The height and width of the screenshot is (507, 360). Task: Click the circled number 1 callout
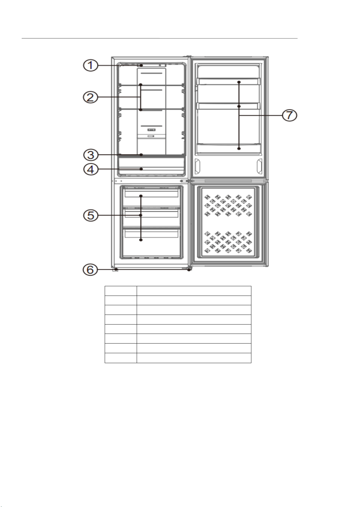pyautogui.click(x=91, y=66)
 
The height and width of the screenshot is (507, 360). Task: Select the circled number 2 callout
pyautogui.click(x=91, y=97)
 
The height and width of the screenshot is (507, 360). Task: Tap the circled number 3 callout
pyautogui.click(x=91, y=155)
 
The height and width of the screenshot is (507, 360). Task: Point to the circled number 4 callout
pyautogui.click(x=91, y=169)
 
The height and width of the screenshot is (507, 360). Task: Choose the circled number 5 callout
pyautogui.click(x=91, y=215)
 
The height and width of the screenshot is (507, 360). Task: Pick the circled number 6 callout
pyautogui.click(x=90, y=270)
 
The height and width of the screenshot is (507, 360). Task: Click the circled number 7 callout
pyautogui.click(x=289, y=115)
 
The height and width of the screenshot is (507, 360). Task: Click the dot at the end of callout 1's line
pyautogui.click(x=141, y=65)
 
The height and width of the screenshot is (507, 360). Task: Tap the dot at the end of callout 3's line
pyautogui.click(x=141, y=155)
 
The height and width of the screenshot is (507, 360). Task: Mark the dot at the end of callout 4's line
pyautogui.click(x=141, y=169)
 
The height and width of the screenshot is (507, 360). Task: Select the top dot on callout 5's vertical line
pyautogui.click(x=141, y=196)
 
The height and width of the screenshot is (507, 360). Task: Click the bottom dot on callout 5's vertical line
pyautogui.click(x=141, y=240)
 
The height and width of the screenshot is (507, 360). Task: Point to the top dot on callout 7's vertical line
pyautogui.click(x=239, y=82)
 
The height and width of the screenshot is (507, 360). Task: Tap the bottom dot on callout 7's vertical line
pyautogui.click(x=239, y=149)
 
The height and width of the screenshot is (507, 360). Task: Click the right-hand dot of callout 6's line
pyautogui.click(x=189, y=270)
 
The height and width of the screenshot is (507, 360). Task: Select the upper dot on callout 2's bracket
pyautogui.click(x=141, y=85)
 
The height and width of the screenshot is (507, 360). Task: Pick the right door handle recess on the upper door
pyautogui.click(x=260, y=166)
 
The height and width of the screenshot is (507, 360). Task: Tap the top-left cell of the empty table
pyautogui.click(x=121, y=291)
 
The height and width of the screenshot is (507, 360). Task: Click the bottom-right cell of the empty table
pyautogui.click(x=194, y=358)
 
